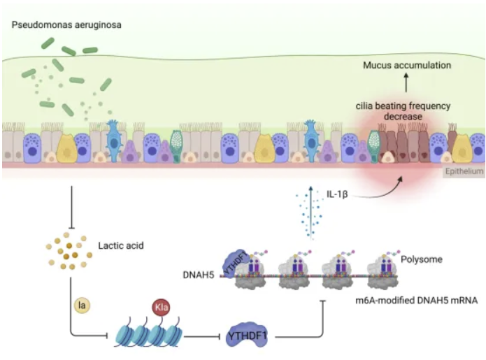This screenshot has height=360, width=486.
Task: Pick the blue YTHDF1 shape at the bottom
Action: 250,337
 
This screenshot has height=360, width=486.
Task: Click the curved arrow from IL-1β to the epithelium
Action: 378,189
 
